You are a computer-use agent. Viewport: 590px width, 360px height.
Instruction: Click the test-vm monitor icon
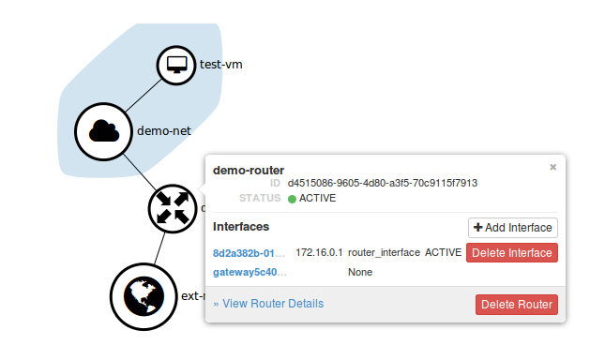tap(174, 66)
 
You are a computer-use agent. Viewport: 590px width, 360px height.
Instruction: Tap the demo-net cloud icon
tap(104, 131)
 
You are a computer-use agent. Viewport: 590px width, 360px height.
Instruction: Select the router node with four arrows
tap(172, 207)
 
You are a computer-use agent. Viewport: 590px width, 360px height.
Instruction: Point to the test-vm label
tap(221, 66)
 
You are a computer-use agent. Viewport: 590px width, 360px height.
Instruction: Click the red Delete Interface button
tap(512, 253)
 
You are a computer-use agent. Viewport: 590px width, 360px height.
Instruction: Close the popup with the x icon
tap(552, 167)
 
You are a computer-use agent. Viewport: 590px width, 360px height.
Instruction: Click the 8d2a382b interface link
tap(249, 253)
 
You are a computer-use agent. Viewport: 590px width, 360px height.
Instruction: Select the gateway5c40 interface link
tap(250, 272)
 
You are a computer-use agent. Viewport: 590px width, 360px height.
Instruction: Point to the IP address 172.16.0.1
tap(318, 253)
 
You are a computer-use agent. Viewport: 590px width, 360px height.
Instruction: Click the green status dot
tap(292, 199)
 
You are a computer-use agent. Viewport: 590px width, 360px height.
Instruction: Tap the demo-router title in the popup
tap(249, 170)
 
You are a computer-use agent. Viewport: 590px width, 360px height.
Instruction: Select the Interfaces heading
tap(241, 227)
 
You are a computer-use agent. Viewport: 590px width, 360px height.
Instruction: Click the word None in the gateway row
tap(360, 272)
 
